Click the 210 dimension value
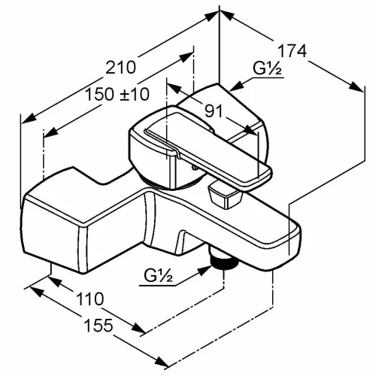click(x=120, y=68)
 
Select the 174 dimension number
click(x=293, y=51)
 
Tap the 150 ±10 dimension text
click(x=117, y=95)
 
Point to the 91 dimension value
click(x=214, y=111)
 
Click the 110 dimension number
click(x=89, y=299)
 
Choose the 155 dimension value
click(x=99, y=325)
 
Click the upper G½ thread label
click(x=267, y=68)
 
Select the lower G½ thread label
click(x=158, y=276)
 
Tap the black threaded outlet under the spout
click(x=224, y=261)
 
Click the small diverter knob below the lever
click(x=224, y=196)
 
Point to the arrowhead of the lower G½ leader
click(x=205, y=271)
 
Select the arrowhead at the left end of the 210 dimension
click(x=29, y=119)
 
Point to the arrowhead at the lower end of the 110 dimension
click(x=138, y=328)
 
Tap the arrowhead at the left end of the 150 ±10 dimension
click(x=50, y=132)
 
